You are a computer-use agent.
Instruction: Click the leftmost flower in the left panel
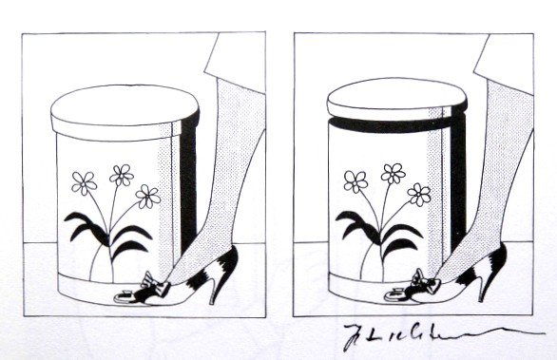pyautogui.click(x=85, y=182)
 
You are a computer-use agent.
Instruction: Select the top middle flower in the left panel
pyautogui.click(x=122, y=175)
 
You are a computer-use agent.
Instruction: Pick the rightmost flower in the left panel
pyautogui.click(x=147, y=197)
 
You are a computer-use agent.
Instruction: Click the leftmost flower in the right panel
pyautogui.click(x=356, y=180)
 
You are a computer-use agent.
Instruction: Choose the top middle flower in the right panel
pyautogui.click(x=393, y=173)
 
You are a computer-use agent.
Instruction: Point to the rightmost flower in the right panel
pyautogui.click(x=419, y=195)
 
